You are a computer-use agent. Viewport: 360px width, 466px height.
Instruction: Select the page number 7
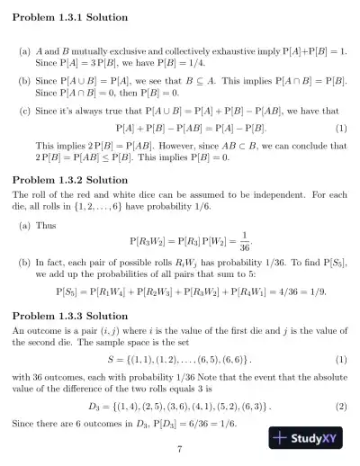click(x=180, y=450)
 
